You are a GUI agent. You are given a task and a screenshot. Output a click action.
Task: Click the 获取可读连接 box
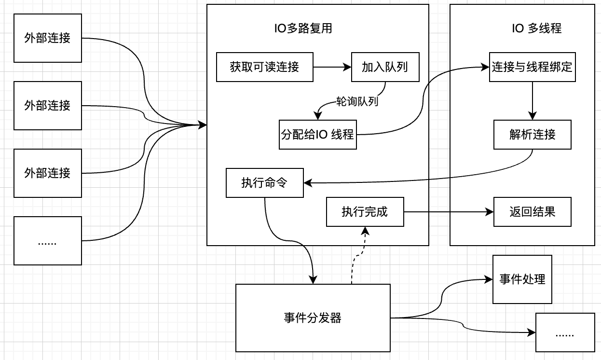pyautogui.click(x=264, y=67)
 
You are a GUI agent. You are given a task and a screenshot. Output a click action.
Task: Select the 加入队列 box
pyautogui.click(x=384, y=67)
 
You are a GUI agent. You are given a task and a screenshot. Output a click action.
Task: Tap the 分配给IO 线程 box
pyautogui.click(x=317, y=134)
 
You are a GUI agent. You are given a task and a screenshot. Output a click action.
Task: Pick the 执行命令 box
pyautogui.click(x=264, y=183)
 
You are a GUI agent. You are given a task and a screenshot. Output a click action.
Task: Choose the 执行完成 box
pyautogui.click(x=365, y=212)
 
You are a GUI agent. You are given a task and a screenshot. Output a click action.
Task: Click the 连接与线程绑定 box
pyautogui.click(x=532, y=67)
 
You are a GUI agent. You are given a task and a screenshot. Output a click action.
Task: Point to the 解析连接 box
pyautogui.click(x=532, y=134)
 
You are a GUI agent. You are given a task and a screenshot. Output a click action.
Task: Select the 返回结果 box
pyautogui.click(x=532, y=212)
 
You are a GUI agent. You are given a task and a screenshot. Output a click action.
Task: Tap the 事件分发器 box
pyautogui.click(x=313, y=318)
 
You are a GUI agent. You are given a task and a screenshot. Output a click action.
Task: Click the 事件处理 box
pyautogui.click(x=522, y=279)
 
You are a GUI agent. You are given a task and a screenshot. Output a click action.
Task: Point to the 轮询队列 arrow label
pyautogui.click(x=357, y=102)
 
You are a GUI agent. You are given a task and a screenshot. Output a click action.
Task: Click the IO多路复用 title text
pyautogui.click(x=303, y=28)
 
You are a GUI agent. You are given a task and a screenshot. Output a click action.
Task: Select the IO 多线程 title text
pyautogui.click(x=536, y=28)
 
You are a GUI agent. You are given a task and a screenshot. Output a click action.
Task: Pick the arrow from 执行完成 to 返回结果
pyautogui.click(x=449, y=212)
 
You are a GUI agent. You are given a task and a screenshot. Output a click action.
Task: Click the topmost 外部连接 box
pyautogui.click(x=47, y=38)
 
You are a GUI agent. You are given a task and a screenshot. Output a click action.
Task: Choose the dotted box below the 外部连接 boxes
pyautogui.click(x=47, y=241)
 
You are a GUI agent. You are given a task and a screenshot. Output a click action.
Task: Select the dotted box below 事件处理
pyautogui.click(x=565, y=332)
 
